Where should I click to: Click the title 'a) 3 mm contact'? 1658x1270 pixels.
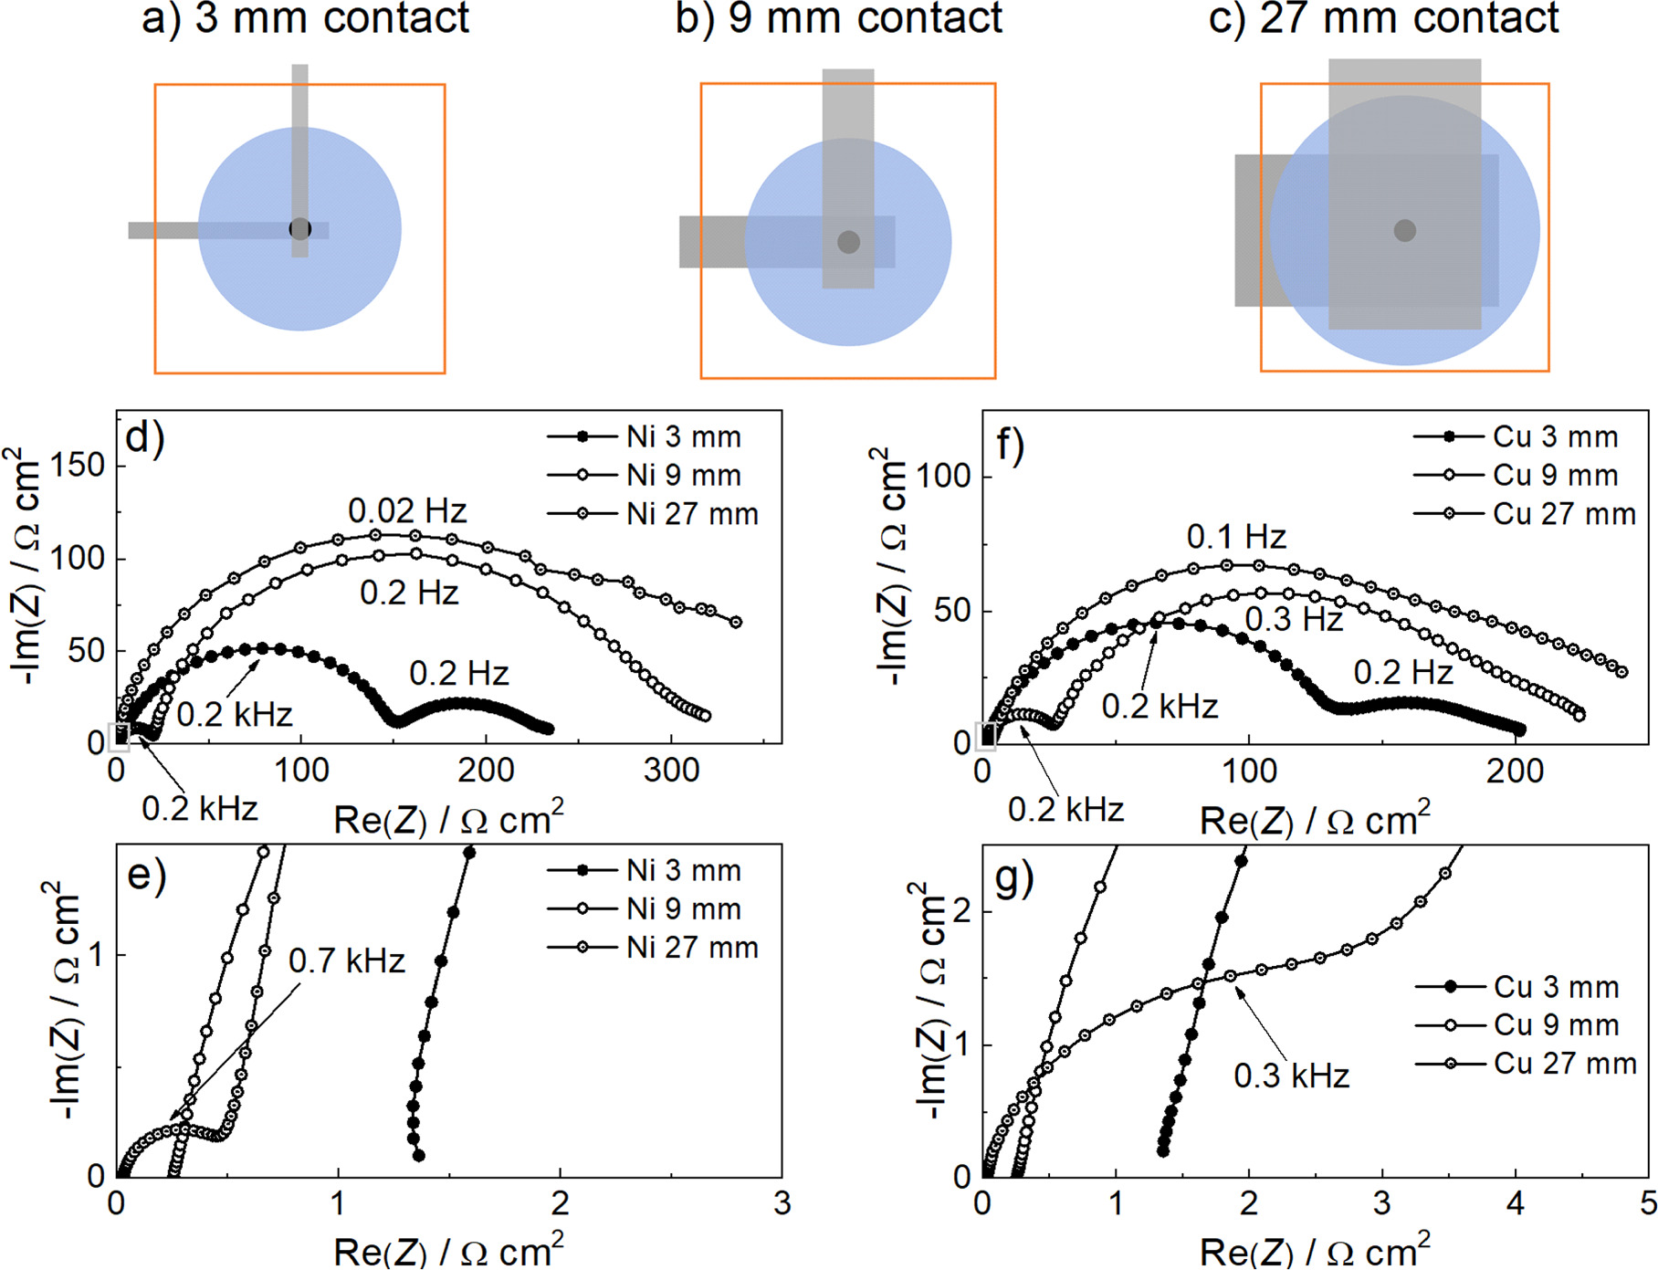pyautogui.click(x=305, y=18)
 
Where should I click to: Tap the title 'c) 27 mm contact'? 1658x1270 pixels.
pyautogui.click(x=1383, y=18)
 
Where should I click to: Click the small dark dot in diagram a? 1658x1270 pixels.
pyautogui.click(x=299, y=229)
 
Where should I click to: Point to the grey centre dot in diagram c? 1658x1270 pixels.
pyautogui.click(x=1404, y=231)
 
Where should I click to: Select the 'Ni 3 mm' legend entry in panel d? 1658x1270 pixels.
pyautogui.click(x=683, y=437)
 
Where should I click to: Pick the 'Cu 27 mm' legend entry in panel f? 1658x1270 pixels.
pyautogui.click(x=1564, y=515)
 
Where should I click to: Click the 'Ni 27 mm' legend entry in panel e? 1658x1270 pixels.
pyautogui.click(x=692, y=948)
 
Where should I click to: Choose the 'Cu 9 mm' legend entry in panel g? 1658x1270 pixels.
pyautogui.click(x=1556, y=1025)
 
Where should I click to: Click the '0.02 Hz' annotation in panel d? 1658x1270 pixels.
pyautogui.click(x=407, y=510)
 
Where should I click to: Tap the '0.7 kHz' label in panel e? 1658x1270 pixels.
pyautogui.click(x=347, y=961)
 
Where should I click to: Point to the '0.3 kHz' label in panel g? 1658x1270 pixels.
pyautogui.click(x=1291, y=1076)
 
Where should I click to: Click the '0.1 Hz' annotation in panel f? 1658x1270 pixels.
pyautogui.click(x=1236, y=537)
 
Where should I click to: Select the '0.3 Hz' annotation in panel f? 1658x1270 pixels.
pyautogui.click(x=1294, y=620)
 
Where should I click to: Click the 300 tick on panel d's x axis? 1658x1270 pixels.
pyautogui.click(x=671, y=771)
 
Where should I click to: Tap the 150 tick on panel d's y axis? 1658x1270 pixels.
pyautogui.click(x=78, y=466)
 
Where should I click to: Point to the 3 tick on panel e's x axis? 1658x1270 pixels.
pyautogui.click(x=782, y=1203)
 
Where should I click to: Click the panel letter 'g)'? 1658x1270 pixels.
pyautogui.click(x=1014, y=878)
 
